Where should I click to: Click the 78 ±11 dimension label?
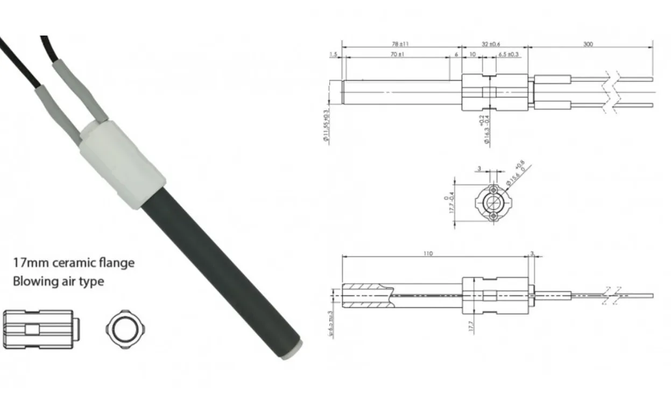400,44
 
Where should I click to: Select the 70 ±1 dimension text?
397,54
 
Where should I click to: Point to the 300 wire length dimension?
588,44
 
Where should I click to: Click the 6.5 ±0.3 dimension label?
508,54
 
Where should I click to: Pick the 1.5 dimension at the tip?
333,54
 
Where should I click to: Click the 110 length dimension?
428,253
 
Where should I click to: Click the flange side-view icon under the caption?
41,328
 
